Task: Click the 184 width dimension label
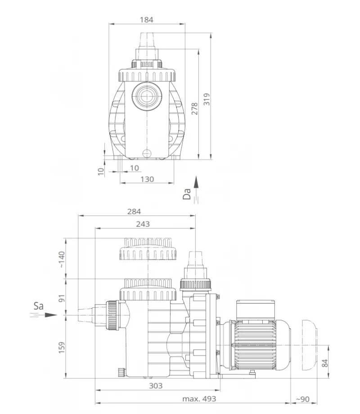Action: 146,19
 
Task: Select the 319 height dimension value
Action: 206,99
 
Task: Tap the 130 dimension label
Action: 147,179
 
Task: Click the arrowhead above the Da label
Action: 196,182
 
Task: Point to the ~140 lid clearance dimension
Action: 62,260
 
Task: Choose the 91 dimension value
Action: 62,297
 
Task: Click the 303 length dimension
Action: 155,386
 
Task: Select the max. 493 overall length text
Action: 199,399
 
